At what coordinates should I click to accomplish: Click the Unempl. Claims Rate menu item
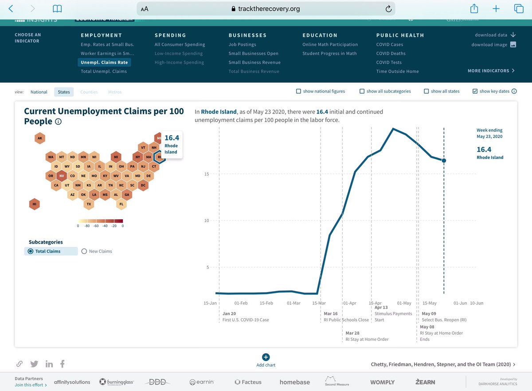point(104,63)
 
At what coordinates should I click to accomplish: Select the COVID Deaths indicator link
point(391,54)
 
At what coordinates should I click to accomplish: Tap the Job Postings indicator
point(242,45)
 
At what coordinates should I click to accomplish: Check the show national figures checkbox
point(298,91)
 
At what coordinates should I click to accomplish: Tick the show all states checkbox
point(426,91)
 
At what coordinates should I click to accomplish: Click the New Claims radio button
point(84,251)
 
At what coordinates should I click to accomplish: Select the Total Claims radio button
point(31,251)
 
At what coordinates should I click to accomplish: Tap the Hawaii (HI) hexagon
point(34,204)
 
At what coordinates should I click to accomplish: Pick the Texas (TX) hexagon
point(89,204)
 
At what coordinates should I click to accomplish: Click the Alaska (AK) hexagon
point(40,138)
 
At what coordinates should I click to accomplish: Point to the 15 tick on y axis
point(207,174)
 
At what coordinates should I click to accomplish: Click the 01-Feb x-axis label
point(241,303)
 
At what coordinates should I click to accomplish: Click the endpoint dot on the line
point(444,161)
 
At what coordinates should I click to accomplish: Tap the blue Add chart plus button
point(266,357)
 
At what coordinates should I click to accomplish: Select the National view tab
point(39,92)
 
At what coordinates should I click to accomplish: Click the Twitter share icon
point(34,364)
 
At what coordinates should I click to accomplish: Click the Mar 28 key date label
point(352,333)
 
